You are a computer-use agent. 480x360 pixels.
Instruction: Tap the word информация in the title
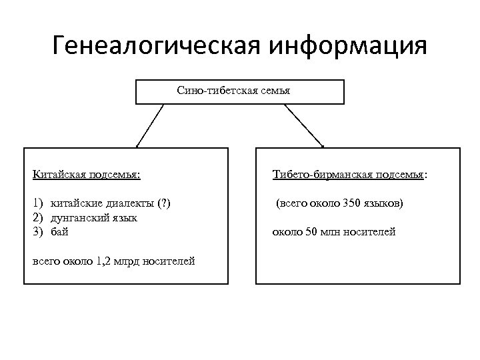(347, 47)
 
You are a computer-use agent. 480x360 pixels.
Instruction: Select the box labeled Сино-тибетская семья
(240, 92)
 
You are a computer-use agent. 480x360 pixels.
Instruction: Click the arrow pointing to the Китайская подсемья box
(150, 125)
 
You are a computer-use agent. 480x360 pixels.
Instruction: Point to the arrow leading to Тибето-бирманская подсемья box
(307, 125)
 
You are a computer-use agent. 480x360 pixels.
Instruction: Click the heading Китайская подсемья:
(86, 175)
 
